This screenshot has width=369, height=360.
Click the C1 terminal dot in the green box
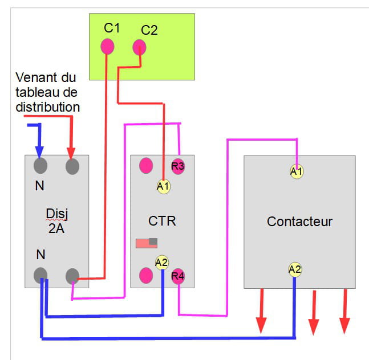[107, 46]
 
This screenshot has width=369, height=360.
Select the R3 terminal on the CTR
[178, 166]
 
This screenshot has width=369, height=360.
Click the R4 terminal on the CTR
[178, 276]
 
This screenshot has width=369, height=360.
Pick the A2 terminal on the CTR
[162, 263]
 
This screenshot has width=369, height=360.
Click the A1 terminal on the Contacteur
[296, 171]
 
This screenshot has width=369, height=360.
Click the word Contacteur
[299, 221]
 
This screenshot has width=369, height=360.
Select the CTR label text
[162, 220]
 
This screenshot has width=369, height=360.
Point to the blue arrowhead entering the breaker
[39, 153]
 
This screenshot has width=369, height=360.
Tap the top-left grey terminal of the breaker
[40, 166]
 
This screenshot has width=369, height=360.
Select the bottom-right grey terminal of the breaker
[72, 276]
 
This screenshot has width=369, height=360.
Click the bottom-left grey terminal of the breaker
[40, 276]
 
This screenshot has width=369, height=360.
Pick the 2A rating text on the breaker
[56, 228]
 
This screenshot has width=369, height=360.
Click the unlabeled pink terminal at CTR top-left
[147, 166]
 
